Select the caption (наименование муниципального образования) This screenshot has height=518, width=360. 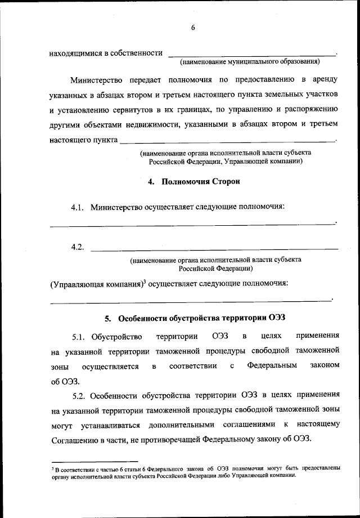click(249, 61)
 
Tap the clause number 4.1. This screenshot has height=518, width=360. click(78, 207)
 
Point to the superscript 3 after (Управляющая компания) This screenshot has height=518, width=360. click(144, 281)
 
